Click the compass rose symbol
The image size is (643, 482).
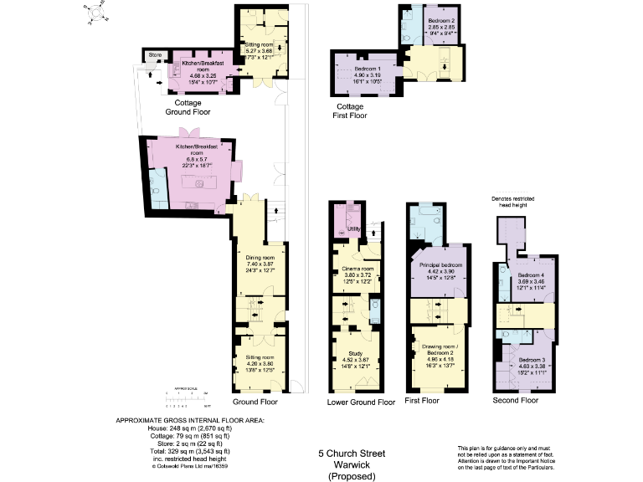tap(97, 12)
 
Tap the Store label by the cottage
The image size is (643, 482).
tap(153, 55)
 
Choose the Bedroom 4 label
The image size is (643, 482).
tap(531, 275)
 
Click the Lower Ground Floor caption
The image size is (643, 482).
tap(361, 403)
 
